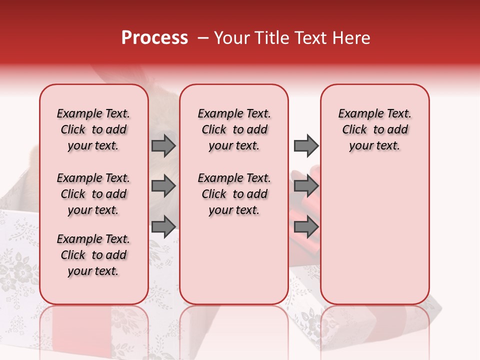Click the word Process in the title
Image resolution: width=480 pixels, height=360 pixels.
[154, 38]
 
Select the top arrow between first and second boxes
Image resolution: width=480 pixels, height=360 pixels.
[163, 145]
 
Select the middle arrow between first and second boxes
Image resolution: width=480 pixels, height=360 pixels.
[163, 186]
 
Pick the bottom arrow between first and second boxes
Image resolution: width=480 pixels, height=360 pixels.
[163, 226]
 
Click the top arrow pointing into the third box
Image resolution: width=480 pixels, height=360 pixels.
[306, 145]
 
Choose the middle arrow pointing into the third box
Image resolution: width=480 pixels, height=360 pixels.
[306, 186]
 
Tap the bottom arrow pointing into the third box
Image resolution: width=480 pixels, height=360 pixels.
[306, 226]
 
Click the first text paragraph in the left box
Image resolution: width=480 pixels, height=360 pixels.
[93, 129]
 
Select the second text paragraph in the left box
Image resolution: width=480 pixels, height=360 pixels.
[93, 194]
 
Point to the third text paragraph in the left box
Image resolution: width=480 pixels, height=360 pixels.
[93, 255]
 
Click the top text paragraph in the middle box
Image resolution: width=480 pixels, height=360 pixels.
[234, 129]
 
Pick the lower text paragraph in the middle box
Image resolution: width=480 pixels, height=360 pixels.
[234, 194]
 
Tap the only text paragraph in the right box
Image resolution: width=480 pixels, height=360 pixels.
[374, 129]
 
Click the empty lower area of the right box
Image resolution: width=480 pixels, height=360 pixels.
[374, 235]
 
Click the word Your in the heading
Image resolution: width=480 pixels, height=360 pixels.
[229, 38]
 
